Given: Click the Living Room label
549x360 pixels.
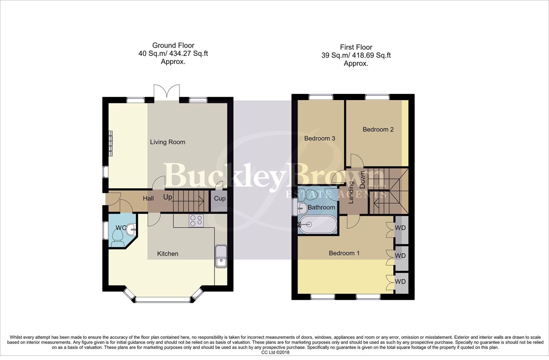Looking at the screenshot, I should (167, 142).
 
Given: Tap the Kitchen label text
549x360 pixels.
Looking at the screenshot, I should (168, 254).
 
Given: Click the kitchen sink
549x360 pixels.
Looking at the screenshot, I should (221, 257).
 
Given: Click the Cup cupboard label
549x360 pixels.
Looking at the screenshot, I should (220, 198).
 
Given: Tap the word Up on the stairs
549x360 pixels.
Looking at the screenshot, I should (168, 197).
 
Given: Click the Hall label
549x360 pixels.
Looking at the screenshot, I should (148, 198).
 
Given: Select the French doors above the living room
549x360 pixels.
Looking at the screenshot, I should (167, 91).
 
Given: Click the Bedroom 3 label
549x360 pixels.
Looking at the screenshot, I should (319, 138).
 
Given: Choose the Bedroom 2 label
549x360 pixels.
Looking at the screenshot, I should (378, 129).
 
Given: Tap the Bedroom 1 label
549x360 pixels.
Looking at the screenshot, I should (344, 253).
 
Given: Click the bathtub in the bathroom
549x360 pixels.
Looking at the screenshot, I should (317, 225).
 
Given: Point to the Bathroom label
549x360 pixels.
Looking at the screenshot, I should (321, 207).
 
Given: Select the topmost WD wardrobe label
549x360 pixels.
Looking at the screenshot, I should (400, 228).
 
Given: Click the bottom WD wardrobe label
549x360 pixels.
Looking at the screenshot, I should (400, 282).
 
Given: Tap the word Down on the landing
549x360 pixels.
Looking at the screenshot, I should (362, 180).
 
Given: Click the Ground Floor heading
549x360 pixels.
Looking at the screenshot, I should (173, 45).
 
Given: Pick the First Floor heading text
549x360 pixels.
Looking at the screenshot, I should (356, 47).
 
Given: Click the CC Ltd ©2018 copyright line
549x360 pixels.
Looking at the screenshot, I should (275, 352).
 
